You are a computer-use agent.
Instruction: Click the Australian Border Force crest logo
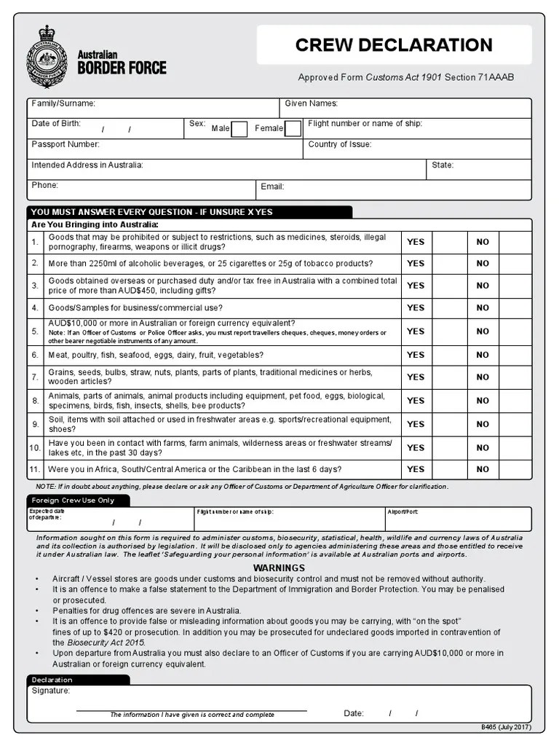tap(47, 57)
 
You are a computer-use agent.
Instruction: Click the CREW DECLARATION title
tap(394, 45)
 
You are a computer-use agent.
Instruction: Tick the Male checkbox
tap(239, 129)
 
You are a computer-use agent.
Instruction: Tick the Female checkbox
tap(293, 129)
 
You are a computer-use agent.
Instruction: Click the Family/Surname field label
tap(63, 104)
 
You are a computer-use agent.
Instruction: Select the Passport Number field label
tap(66, 145)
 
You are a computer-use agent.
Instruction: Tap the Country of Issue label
tap(339, 145)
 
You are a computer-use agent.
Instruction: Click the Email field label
tap(272, 186)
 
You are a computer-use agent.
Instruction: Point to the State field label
tap(443, 165)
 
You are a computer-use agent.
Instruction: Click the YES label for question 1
tap(416, 242)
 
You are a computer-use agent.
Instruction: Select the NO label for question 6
tap(483, 355)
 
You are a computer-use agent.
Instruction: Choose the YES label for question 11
tap(416, 469)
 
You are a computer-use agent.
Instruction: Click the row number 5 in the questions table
tap(35, 331)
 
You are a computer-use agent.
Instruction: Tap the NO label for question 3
tap(483, 286)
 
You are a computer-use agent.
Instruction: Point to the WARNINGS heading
tap(279, 568)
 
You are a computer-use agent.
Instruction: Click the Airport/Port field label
tap(403, 512)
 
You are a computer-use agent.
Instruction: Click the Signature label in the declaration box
tap(51, 691)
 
